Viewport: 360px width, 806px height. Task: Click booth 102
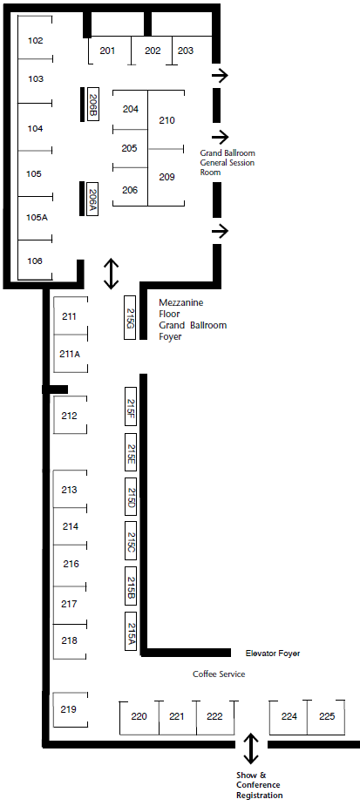point(35,40)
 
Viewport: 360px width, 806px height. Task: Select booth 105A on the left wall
point(35,218)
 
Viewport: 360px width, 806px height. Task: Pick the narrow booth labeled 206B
point(93,105)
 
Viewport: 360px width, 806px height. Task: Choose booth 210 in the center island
point(166,120)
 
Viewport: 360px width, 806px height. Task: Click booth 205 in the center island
point(130,148)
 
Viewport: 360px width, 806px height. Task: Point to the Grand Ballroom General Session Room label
point(228,162)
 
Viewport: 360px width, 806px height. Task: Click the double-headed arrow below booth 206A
point(111,274)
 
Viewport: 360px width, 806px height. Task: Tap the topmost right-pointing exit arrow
point(220,76)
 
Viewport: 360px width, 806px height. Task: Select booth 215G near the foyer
point(130,317)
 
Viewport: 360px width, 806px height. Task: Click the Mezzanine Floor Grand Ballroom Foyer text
point(193,320)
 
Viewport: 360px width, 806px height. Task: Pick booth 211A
point(71,354)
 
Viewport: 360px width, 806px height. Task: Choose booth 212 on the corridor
point(70,416)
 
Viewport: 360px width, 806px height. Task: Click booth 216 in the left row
point(71,565)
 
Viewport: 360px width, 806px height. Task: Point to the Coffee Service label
point(219,674)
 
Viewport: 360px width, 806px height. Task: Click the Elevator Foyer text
point(273,654)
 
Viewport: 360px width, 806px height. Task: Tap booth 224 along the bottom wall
point(289,716)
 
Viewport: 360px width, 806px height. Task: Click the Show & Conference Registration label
point(258,785)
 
